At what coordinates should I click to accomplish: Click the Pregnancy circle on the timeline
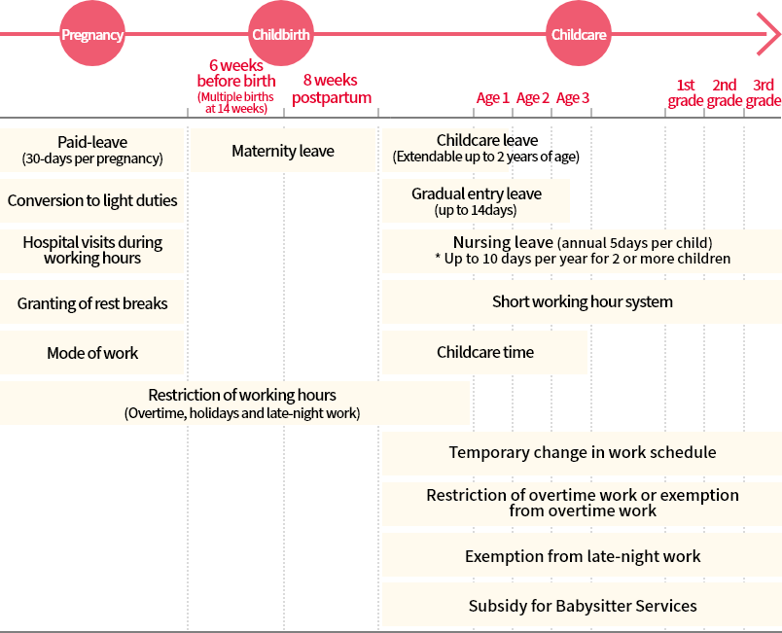(x=92, y=35)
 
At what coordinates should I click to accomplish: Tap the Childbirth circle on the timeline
(x=281, y=35)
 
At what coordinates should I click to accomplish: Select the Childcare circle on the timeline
(x=579, y=35)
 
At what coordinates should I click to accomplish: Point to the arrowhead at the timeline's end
(x=767, y=35)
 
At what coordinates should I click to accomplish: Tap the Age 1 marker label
(x=493, y=98)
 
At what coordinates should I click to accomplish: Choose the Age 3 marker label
(x=573, y=98)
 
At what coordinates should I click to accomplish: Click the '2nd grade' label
(x=725, y=92)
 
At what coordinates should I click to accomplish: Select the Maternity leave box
(x=283, y=151)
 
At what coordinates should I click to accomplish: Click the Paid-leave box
(x=92, y=151)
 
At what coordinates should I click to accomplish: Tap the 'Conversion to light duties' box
(x=92, y=201)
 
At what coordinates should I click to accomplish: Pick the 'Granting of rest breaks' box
(x=92, y=303)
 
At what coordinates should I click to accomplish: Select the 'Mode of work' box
(x=92, y=353)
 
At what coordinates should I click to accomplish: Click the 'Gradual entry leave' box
(x=476, y=201)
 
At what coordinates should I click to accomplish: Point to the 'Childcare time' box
(x=484, y=353)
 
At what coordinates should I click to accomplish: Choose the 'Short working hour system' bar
(x=582, y=302)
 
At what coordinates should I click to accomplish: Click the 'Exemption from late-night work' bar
(x=582, y=556)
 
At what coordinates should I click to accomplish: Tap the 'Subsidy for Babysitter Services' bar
(x=582, y=606)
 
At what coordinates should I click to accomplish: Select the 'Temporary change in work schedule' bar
(x=582, y=453)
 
